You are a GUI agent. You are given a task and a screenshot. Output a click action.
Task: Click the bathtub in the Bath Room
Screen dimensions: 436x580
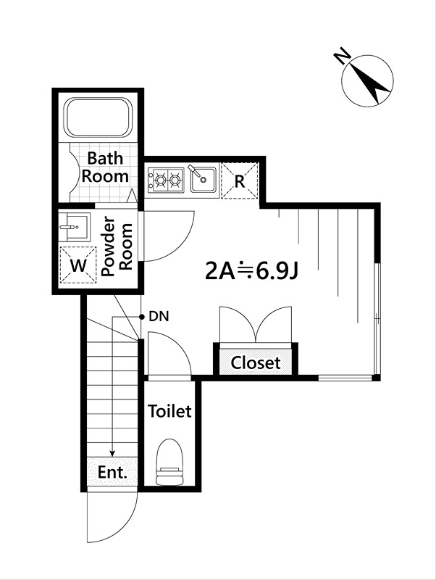coord(98,117)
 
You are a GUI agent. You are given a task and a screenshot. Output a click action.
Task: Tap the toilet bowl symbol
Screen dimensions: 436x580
coord(170,462)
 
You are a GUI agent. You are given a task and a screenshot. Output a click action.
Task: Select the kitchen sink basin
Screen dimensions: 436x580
coord(204,180)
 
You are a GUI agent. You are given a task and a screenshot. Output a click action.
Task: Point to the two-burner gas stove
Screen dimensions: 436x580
coord(166,181)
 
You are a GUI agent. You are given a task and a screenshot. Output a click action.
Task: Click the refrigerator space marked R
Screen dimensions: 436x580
coord(240,181)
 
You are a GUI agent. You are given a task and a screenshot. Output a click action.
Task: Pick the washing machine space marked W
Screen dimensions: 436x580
coord(78,265)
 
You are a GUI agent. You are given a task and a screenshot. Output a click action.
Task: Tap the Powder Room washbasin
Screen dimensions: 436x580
coord(74,227)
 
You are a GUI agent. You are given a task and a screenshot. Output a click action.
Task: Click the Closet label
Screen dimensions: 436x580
coord(256,363)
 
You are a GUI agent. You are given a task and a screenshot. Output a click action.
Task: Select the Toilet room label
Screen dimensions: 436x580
coord(169,411)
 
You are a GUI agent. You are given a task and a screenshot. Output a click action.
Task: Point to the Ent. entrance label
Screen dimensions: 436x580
coord(112,472)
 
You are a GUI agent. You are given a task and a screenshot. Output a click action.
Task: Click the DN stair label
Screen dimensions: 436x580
coord(159,317)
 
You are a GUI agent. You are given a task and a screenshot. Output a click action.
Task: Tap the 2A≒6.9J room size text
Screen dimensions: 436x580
coord(251,272)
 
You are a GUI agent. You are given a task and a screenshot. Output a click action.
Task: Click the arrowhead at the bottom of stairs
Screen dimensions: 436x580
coord(113,454)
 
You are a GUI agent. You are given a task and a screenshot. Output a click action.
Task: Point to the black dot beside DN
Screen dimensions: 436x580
coord(141,317)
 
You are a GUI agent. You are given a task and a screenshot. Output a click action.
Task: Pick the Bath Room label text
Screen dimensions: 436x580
coord(105,167)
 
